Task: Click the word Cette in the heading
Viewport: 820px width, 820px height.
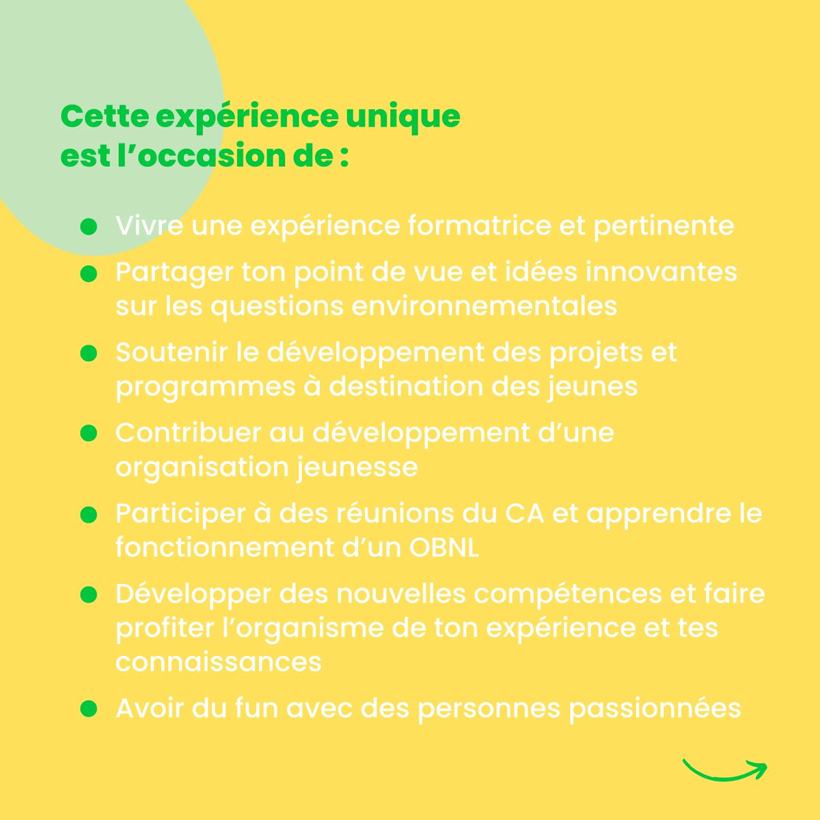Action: [104, 116]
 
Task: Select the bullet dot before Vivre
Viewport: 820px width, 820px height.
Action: [88, 226]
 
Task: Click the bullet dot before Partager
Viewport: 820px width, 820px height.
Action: [88, 273]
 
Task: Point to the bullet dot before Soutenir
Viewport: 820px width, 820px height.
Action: [88, 353]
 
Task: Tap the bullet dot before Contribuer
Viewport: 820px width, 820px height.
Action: [88, 433]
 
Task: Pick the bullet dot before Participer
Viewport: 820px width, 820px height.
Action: [88, 515]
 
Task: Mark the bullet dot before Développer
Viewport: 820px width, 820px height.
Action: [88, 594]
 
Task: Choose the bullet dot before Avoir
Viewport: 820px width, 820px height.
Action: [88, 709]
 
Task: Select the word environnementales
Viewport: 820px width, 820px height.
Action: [484, 306]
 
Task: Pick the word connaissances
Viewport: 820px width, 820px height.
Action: [218, 661]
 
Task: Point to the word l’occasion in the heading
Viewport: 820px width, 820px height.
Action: [215, 156]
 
